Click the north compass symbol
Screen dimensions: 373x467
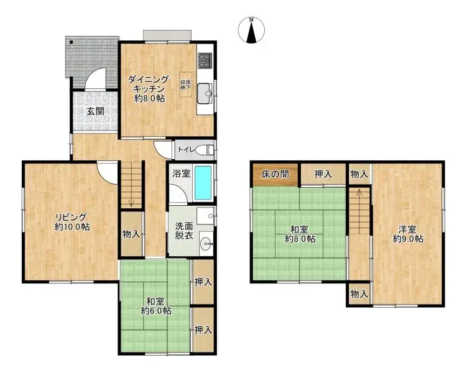(x=251, y=31)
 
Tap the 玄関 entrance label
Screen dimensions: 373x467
(x=95, y=112)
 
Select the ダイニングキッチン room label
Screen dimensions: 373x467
(x=149, y=89)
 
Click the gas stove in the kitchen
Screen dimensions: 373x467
(x=205, y=61)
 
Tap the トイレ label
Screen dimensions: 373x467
(x=186, y=150)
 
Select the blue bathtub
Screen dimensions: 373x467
(x=203, y=183)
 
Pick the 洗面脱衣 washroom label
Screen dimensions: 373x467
(x=183, y=232)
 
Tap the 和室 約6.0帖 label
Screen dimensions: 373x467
(x=155, y=305)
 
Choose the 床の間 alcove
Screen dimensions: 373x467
(x=275, y=174)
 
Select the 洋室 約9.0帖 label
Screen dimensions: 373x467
(x=408, y=233)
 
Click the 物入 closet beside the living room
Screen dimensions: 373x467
(x=131, y=234)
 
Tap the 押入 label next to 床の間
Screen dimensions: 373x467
(x=322, y=174)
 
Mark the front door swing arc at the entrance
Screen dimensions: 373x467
(x=96, y=80)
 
